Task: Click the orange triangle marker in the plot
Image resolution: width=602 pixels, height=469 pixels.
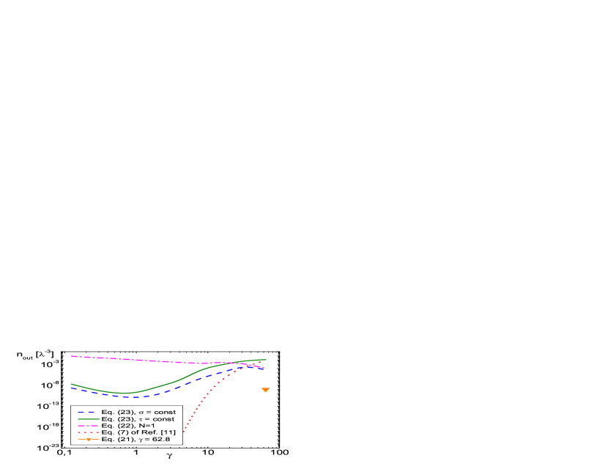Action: coord(266,389)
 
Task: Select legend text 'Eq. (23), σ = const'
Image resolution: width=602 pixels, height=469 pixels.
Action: coord(138,413)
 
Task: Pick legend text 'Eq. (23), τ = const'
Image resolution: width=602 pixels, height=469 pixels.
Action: coord(138,419)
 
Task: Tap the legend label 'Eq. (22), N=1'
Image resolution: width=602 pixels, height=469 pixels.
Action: coord(128,426)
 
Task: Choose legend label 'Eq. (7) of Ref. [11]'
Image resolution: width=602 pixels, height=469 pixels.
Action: coord(138,432)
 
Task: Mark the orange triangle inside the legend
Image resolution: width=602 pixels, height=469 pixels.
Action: coord(88,439)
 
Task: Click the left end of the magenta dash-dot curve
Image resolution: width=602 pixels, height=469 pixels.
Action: coord(71,356)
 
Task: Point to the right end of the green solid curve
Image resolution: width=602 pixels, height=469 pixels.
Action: coord(266,359)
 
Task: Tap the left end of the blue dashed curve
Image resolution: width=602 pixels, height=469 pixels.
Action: coord(71,387)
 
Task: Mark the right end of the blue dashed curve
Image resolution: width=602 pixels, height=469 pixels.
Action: coord(264,369)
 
